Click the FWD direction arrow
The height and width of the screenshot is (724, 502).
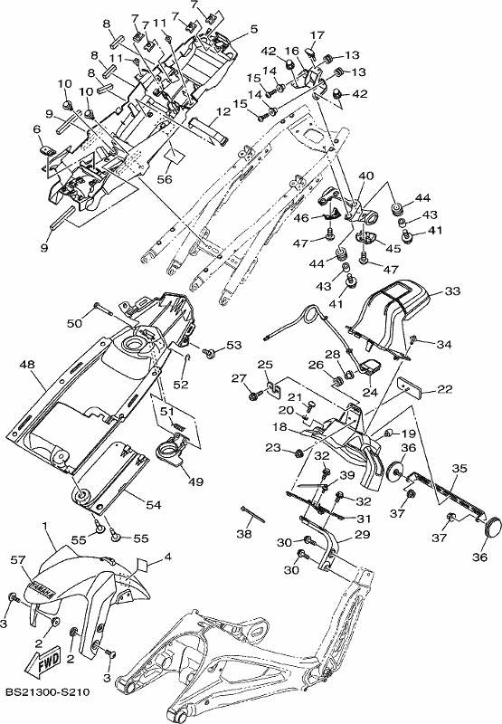click(x=43, y=661)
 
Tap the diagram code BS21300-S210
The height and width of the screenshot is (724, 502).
click(x=48, y=692)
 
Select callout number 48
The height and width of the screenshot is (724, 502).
click(x=27, y=365)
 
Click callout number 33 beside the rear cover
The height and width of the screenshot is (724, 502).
click(x=452, y=291)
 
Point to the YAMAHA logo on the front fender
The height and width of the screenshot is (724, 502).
click(x=42, y=586)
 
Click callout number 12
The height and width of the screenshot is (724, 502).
click(x=223, y=111)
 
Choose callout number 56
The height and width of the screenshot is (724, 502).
click(x=165, y=178)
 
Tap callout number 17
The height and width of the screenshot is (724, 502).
click(x=317, y=35)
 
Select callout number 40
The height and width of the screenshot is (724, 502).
click(x=366, y=176)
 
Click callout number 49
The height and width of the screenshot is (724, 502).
click(x=196, y=481)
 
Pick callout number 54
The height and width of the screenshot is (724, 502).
click(x=154, y=505)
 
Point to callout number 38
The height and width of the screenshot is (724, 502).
click(x=244, y=534)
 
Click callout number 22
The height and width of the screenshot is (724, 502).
click(x=445, y=390)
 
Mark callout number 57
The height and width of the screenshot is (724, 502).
click(x=18, y=560)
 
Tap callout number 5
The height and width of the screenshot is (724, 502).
click(x=254, y=29)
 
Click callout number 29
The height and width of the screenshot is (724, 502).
click(x=363, y=534)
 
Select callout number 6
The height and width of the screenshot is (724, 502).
click(x=37, y=130)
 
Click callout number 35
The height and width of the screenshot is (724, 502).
click(x=459, y=468)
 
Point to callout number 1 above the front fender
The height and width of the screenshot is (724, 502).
click(x=44, y=526)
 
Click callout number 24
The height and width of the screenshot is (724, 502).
click(x=370, y=393)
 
